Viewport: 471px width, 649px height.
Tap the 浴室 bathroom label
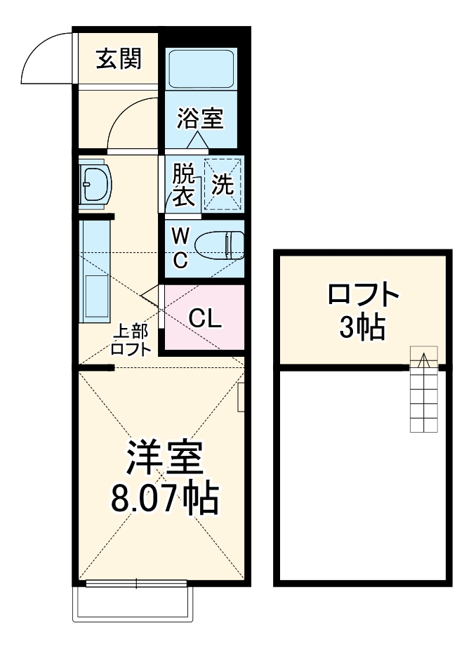point(200,119)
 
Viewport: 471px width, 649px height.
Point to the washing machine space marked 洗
point(223,185)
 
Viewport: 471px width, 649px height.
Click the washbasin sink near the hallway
point(93,185)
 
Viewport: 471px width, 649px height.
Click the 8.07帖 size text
point(164,498)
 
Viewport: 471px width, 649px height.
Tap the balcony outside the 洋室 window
point(132,603)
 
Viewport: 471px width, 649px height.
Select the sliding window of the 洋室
point(135,582)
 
